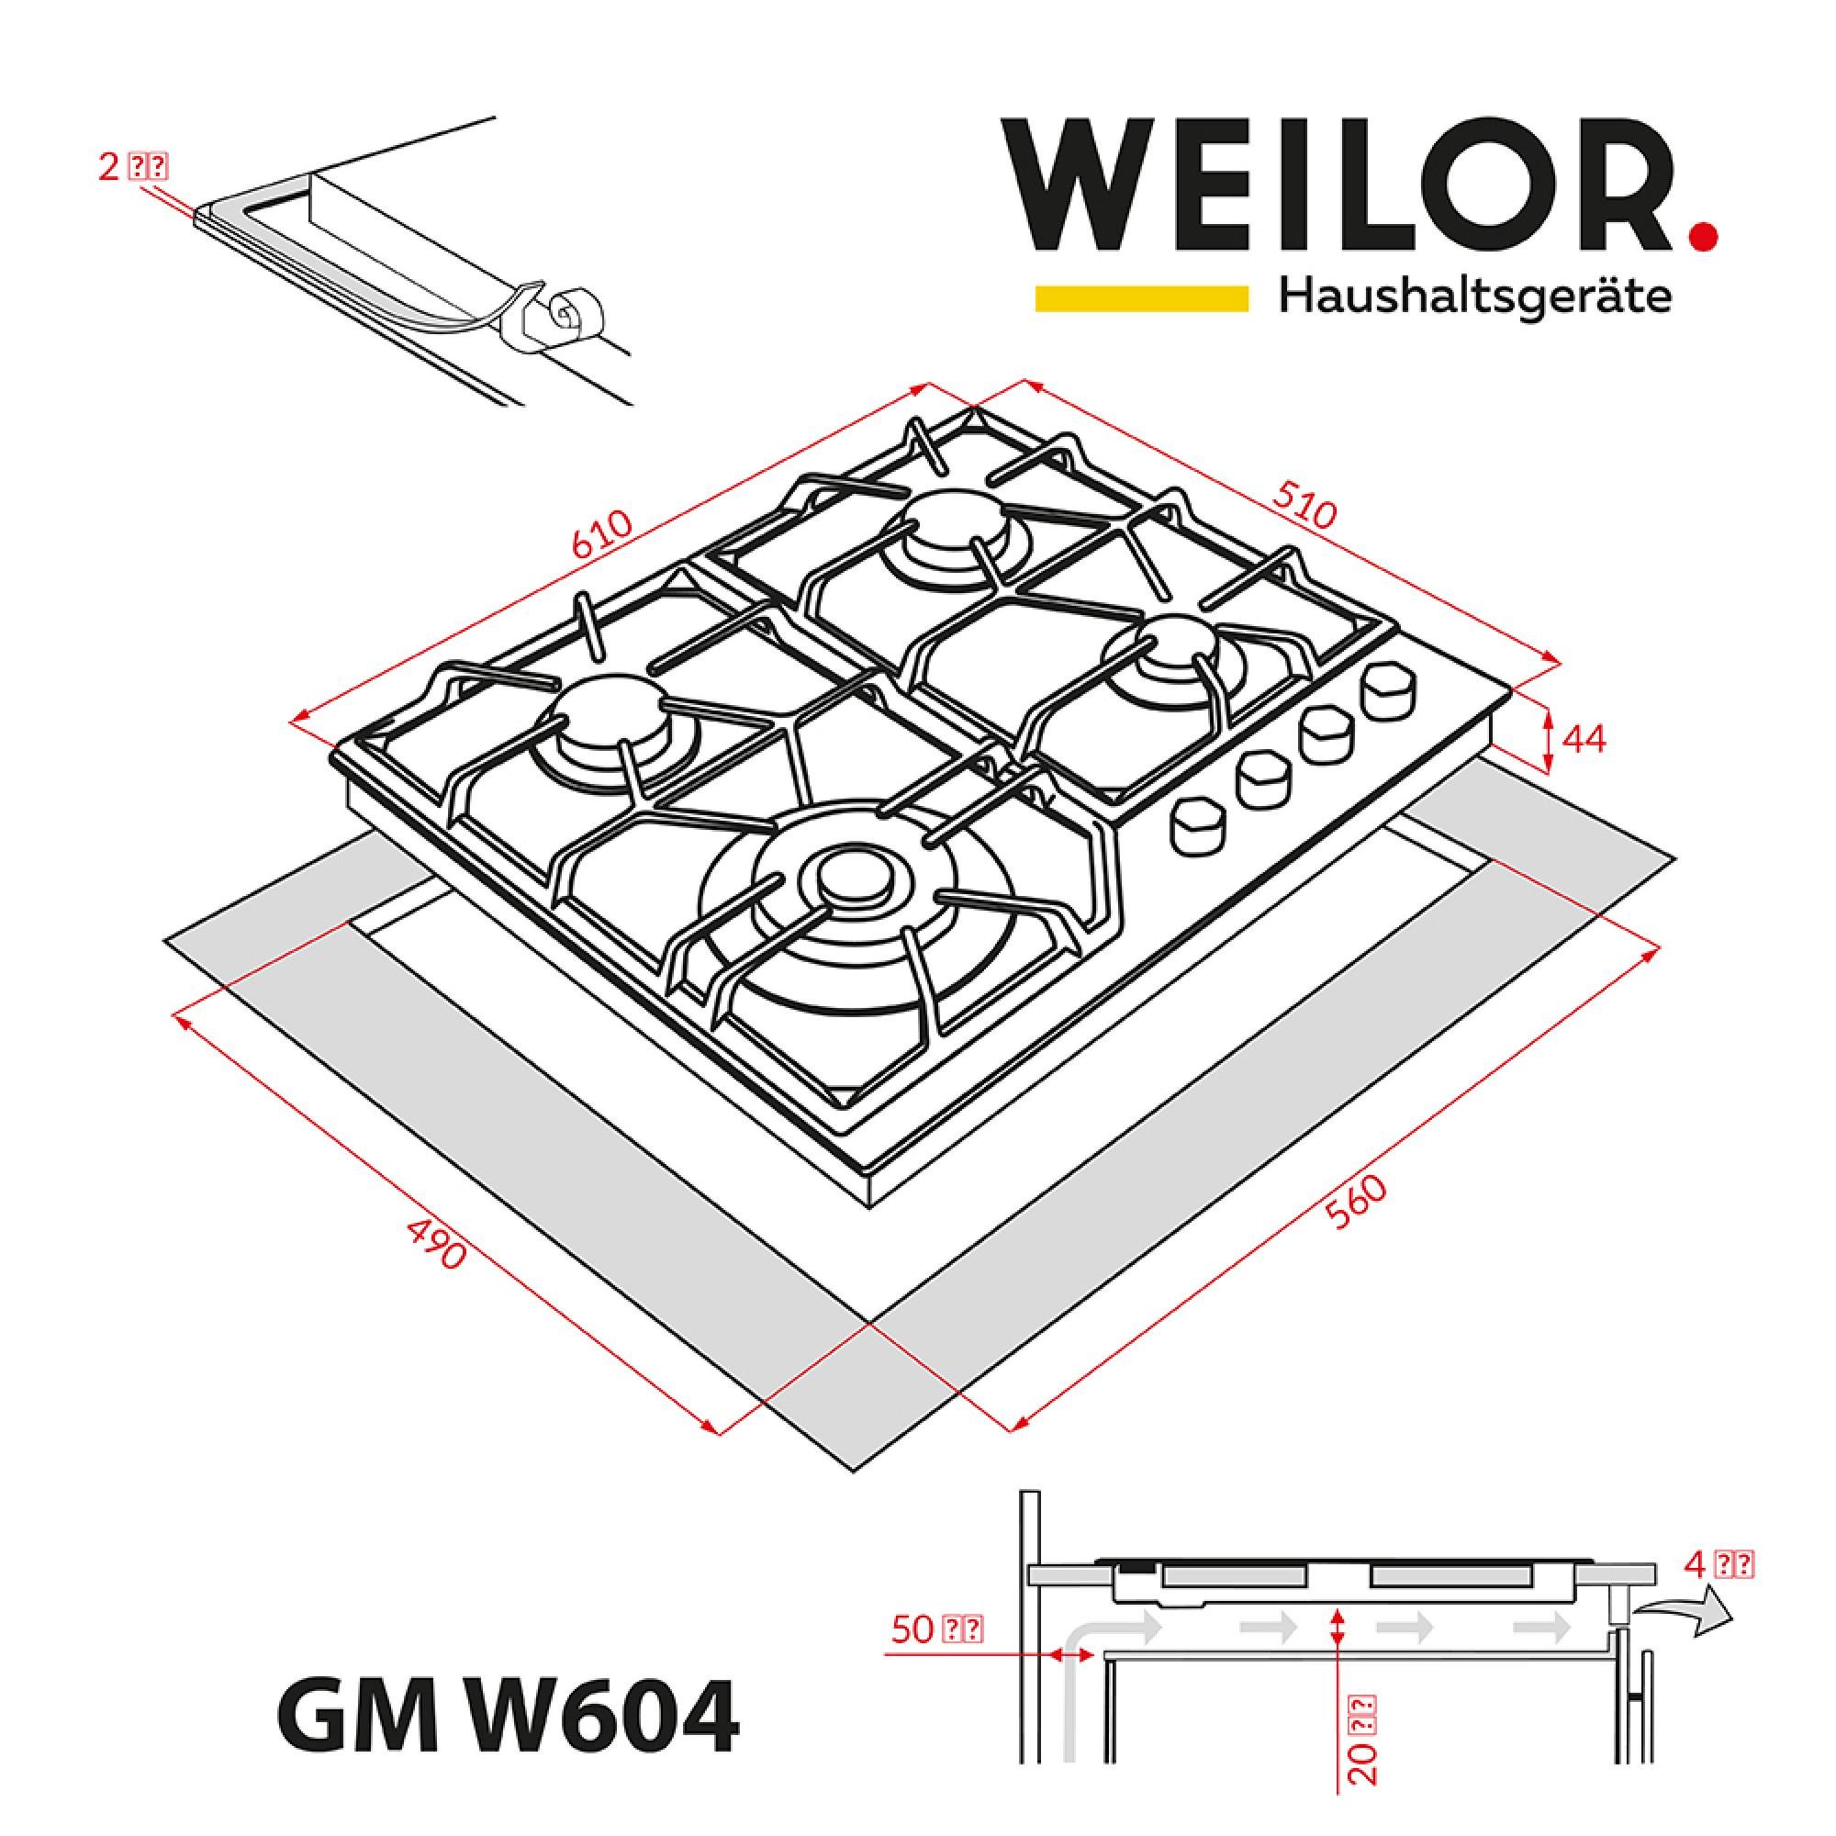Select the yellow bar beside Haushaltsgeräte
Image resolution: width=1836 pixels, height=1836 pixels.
tap(1140, 297)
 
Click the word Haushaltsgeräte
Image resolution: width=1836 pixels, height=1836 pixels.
tap(1475, 297)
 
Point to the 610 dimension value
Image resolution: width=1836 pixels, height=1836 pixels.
tap(602, 537)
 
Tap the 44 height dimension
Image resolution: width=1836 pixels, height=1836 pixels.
tap(1584, 739)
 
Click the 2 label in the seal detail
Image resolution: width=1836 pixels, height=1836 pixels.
tap(132, 167)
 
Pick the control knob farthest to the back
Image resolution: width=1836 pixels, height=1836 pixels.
tap(1387, 691)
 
